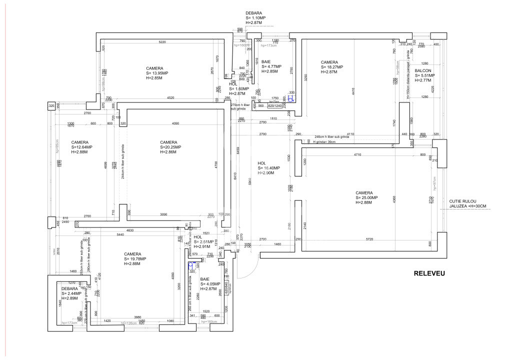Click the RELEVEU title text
click(x=429, y=273)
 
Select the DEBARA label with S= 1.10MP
click(x=255, y=18)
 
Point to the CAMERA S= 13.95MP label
click(x=158, y=73)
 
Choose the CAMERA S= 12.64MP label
click(x=82, y=147)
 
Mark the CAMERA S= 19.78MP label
click(x=135, y=258)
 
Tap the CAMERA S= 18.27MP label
click(x=332, y=67)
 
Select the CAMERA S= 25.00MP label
click(x=367, y=197)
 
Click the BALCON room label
click(x=424, y=75)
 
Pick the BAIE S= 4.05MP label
click(x=210, y=284)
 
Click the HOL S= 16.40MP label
click(x=269, y=167)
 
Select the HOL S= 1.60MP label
click(x=237, y=89)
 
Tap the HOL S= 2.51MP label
click(x=203, y=241)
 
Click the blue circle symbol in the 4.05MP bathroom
click(x=191, y=265)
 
